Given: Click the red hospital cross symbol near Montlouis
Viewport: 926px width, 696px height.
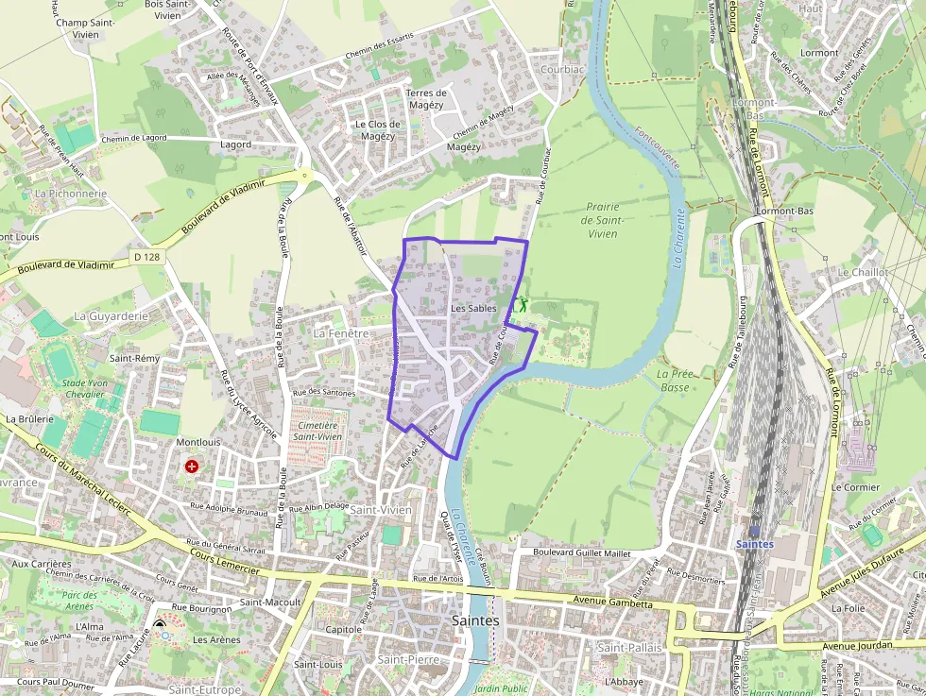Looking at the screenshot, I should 193,466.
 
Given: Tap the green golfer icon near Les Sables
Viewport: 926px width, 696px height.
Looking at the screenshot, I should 522,304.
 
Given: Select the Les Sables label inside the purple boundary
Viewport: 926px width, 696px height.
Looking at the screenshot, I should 473,309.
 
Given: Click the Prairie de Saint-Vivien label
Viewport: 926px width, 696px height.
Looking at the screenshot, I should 602,220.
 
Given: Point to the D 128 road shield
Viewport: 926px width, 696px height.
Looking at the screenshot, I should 145,257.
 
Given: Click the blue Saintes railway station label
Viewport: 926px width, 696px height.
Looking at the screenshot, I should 754,544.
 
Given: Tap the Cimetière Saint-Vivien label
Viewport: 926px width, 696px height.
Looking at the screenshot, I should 317,431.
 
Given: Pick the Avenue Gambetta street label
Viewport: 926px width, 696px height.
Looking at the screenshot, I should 612,603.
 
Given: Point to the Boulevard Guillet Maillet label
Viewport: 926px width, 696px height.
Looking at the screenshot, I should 581,552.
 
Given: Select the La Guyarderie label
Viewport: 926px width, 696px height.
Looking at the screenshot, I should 111,315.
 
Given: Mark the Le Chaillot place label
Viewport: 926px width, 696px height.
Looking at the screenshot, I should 863,272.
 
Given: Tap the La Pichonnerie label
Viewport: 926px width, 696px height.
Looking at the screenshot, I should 70,193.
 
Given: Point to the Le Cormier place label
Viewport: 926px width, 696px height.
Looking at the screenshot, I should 855,487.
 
